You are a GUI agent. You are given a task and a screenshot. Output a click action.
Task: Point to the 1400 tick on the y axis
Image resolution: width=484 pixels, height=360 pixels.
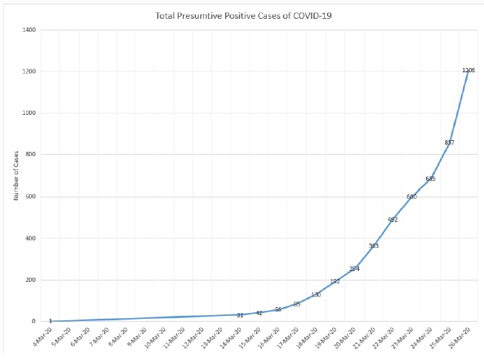pos(30,30)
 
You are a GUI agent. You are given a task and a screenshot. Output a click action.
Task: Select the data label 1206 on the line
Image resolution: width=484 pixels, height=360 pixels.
pos(468,70)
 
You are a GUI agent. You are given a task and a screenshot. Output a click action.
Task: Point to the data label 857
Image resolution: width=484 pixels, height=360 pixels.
pos(449,142)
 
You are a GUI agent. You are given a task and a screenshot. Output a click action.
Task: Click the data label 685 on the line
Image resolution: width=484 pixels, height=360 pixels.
pos(430,179)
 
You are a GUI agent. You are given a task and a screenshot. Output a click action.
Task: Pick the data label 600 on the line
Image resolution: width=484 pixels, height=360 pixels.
pos(412,197)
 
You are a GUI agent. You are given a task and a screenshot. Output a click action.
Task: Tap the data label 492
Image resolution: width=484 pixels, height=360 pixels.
pos(393,219)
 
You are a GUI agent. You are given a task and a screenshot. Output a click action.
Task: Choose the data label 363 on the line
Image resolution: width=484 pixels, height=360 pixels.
pos(373,246)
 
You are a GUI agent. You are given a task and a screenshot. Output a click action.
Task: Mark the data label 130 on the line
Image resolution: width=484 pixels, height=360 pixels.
pos(316,294)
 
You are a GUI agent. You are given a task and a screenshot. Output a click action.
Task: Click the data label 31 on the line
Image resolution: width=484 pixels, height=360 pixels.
pos(239,314)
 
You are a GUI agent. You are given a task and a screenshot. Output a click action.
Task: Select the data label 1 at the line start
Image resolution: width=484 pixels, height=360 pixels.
pos(50,321)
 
